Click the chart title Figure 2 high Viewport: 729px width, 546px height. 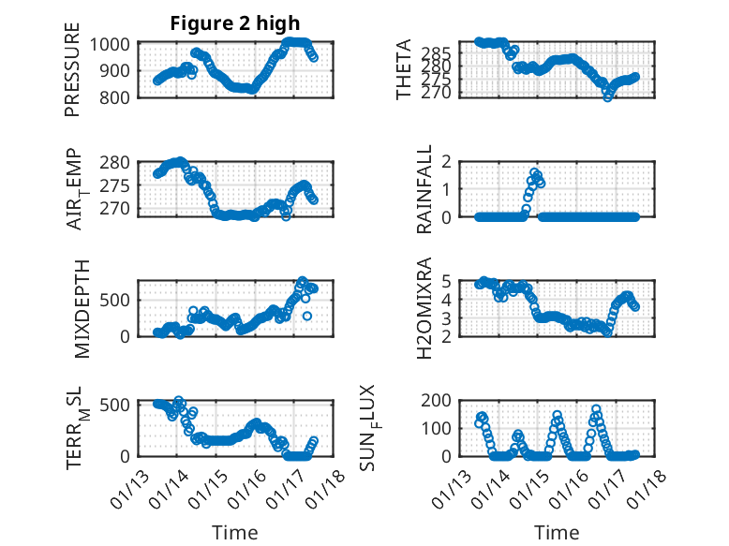click(x=235, y=24)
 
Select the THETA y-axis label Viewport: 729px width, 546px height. click(x=403, y=69)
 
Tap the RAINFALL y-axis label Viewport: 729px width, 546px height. click(x=424, y=189)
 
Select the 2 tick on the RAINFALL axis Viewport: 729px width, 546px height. click(x=458, y=162)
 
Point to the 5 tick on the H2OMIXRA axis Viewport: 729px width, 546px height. click(x=458, y=281)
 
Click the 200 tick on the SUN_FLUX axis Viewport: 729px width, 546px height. click(x=447, y=401)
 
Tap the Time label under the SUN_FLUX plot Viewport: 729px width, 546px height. click(x=557, y=533)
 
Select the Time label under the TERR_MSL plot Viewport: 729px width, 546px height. click(x=234, y=533)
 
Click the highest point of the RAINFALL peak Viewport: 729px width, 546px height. click(x=535, y=173)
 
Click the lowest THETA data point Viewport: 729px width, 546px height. click(x=607, y=96)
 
